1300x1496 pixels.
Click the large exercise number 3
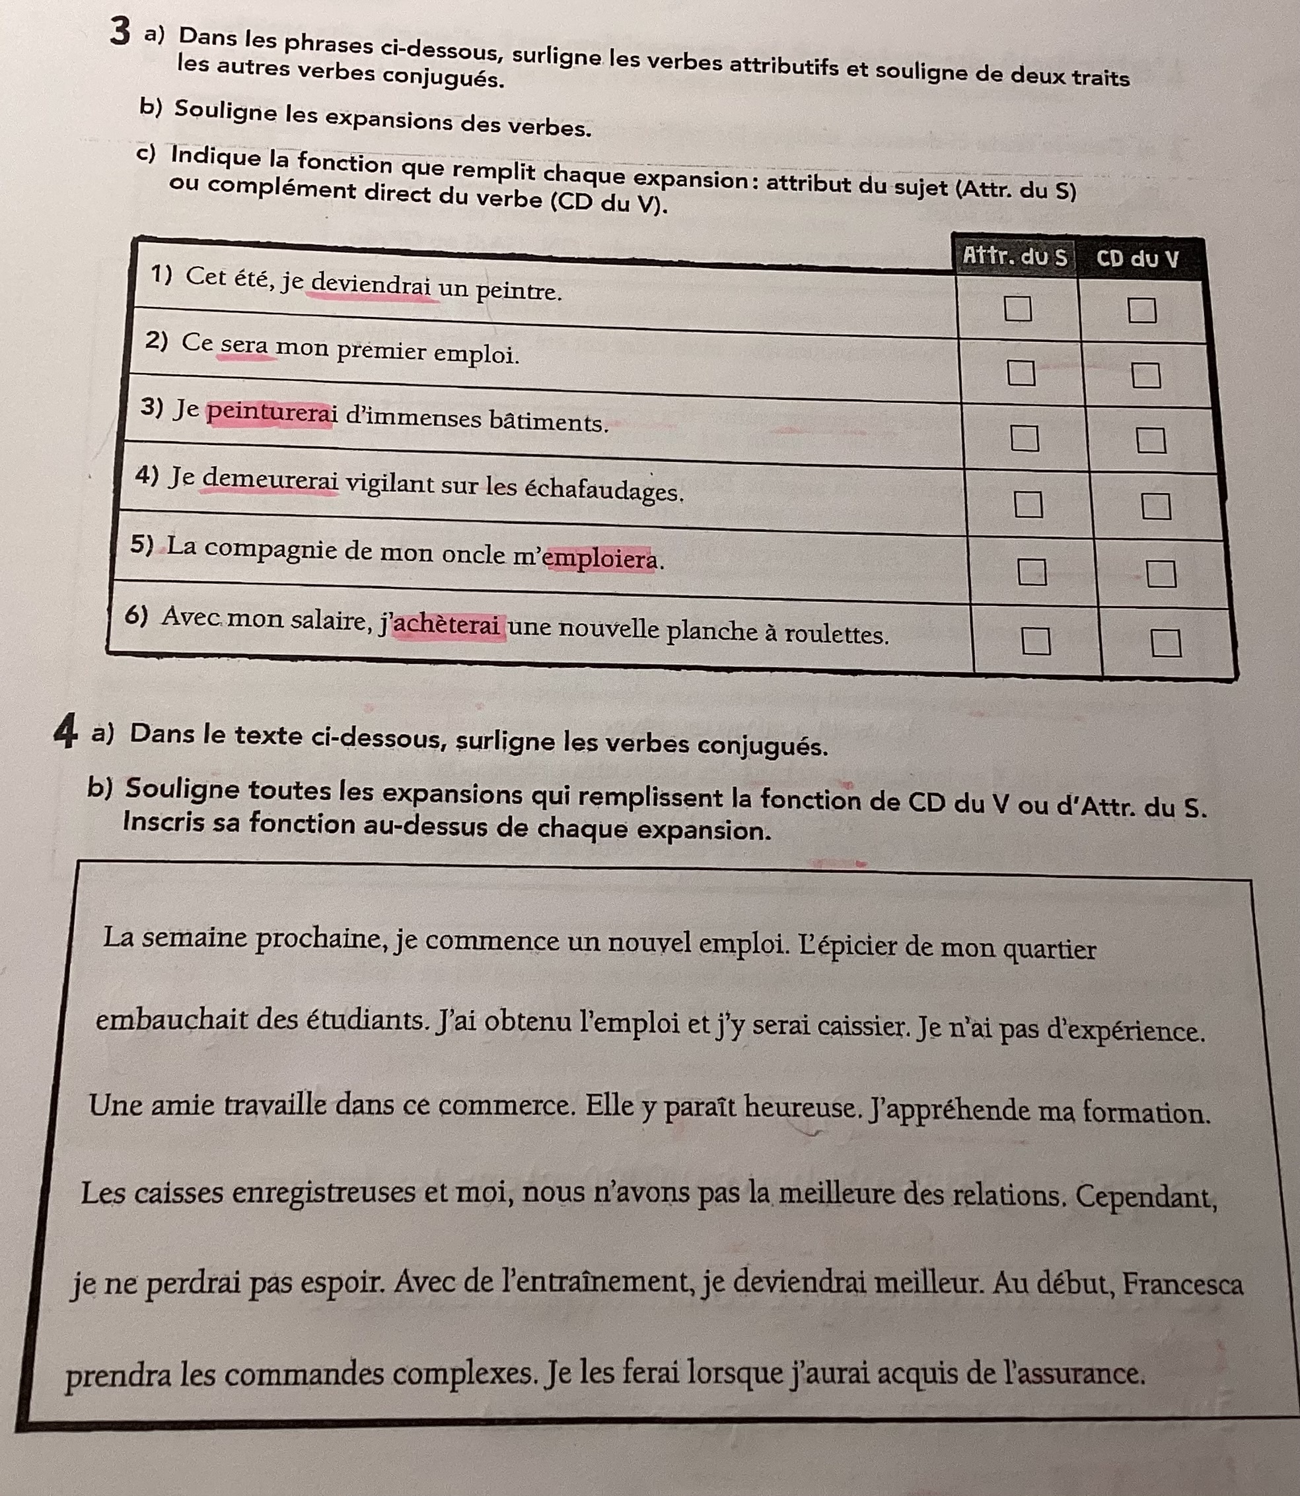click(121, 32)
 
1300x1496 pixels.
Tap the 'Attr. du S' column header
click(1014, 257)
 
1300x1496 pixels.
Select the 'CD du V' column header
click(1137, 259)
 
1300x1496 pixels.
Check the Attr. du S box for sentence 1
click(1017, 308)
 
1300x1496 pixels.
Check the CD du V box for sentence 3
click(1151, 440)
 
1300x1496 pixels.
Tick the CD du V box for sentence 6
click(1166, 642)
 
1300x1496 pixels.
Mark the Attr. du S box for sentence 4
click(1027, 503)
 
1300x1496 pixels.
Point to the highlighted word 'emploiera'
click(600, 559)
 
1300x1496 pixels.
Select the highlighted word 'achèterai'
click(448, 625)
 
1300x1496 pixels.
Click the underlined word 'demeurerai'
click(270, 479)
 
